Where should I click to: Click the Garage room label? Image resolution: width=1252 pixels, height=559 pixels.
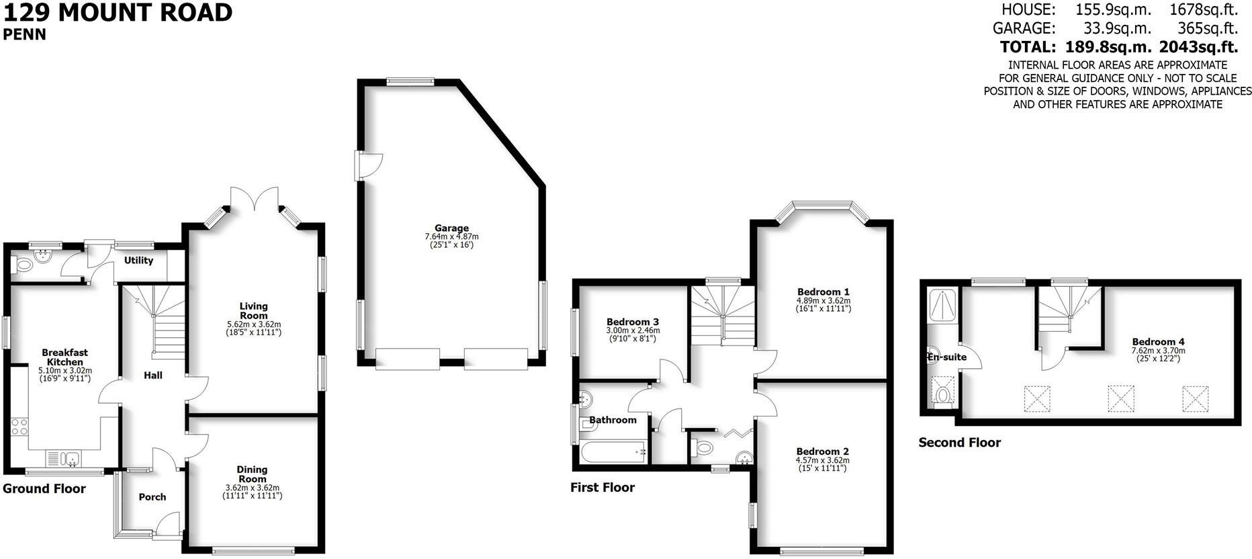tap(451, 228)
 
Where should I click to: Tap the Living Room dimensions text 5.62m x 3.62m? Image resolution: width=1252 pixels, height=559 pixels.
tap(254, 325)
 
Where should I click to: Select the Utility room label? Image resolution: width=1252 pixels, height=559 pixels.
tap(139, 261)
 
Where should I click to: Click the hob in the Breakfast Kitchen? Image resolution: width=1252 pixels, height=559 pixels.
tap(19, 426)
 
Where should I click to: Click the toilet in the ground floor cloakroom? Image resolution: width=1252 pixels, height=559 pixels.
tap(24, 265)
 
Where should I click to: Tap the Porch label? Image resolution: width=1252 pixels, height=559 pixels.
tap(152, 497)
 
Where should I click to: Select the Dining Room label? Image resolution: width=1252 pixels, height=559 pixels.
tap(252, 474)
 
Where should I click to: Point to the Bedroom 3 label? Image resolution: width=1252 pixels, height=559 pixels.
tap(633, 322)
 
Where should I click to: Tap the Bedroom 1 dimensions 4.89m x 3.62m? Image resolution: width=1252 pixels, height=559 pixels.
tap(823, 301)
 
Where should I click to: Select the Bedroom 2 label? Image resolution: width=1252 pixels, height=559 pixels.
tap(823, 451)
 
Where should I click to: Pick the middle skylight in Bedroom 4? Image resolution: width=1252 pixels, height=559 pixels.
tap(1120, 398)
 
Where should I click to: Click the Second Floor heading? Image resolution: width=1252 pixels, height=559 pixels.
tap(959, 443)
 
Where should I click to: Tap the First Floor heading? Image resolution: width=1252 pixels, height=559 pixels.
tap(602, 488)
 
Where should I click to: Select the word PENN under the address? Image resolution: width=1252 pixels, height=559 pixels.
tap(25, 35)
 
